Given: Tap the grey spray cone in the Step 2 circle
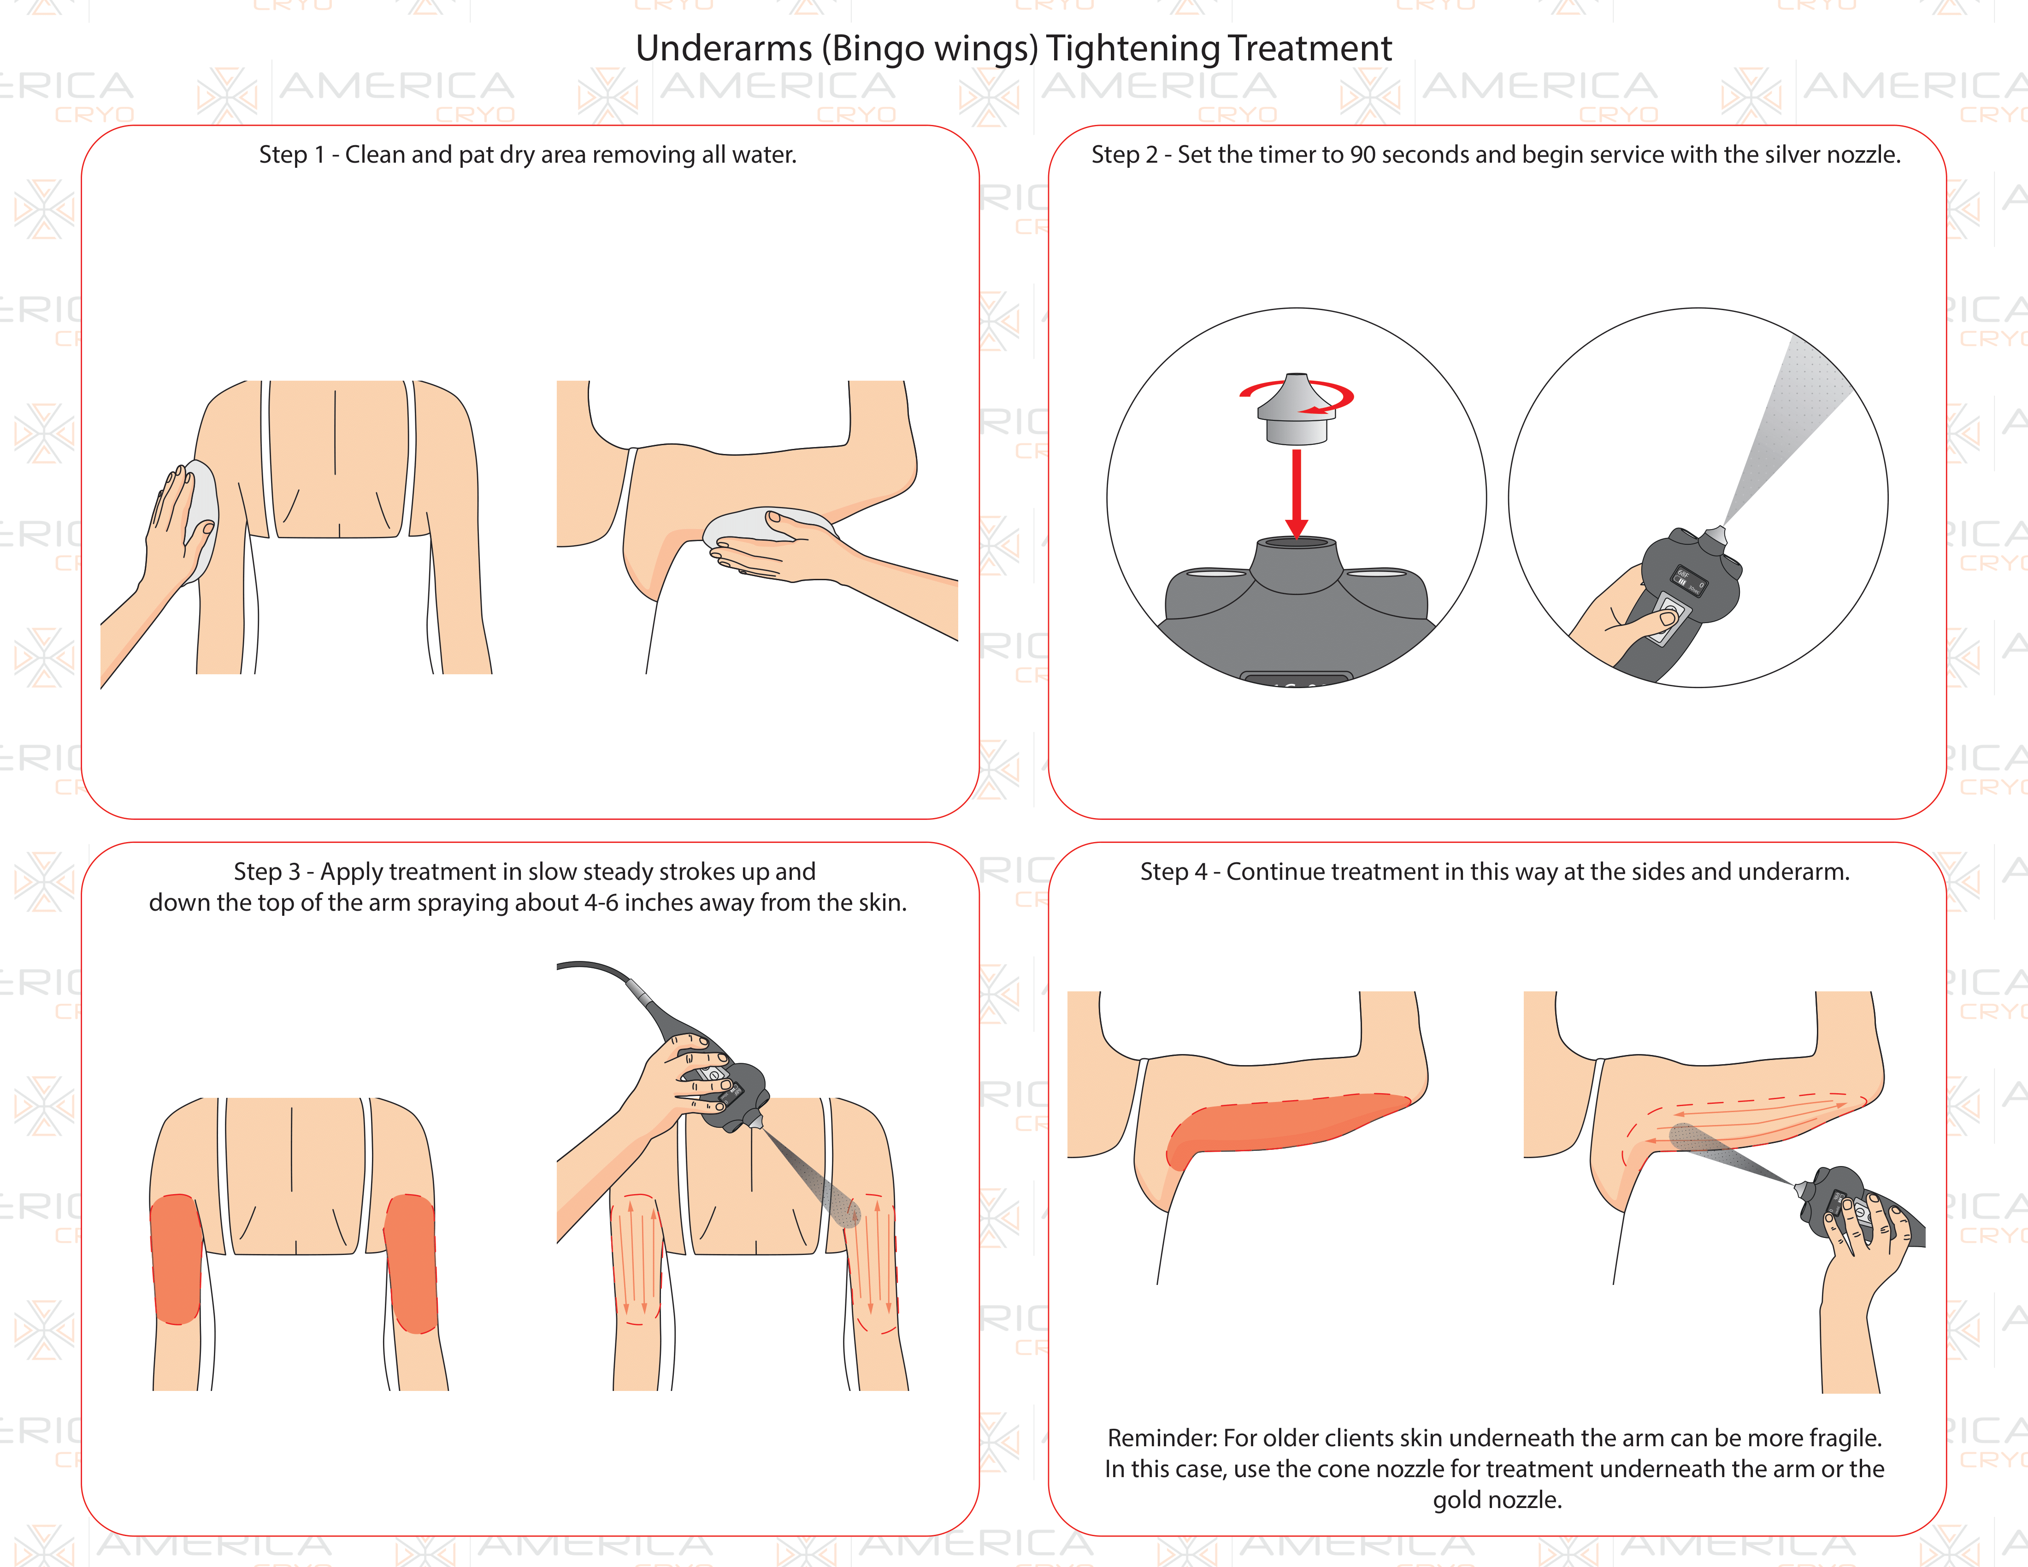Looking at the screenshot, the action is pos(1787,432).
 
